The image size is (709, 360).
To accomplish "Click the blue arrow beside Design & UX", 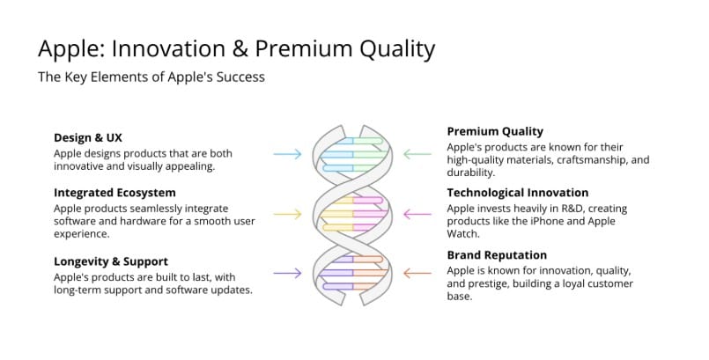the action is (287, 154).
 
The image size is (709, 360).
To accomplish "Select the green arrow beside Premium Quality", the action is (417, 154).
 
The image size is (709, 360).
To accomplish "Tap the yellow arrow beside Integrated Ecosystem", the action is (287, 214).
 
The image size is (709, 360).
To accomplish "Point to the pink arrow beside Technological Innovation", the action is (417, 214).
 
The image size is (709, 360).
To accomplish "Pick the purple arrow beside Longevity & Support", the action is (287, 273).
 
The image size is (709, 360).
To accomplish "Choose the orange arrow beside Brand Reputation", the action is (417, 273).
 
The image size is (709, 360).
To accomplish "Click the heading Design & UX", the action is (88, 138).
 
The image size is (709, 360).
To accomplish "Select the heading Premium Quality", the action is (495, 131).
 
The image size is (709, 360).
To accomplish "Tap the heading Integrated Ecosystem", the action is (114, 193).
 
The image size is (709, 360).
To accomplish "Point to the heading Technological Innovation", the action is (518, 193).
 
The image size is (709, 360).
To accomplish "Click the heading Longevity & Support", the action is (111, 261).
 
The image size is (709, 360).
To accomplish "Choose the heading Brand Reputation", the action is (497, 255).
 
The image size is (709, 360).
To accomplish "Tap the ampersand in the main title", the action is (240, 48).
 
